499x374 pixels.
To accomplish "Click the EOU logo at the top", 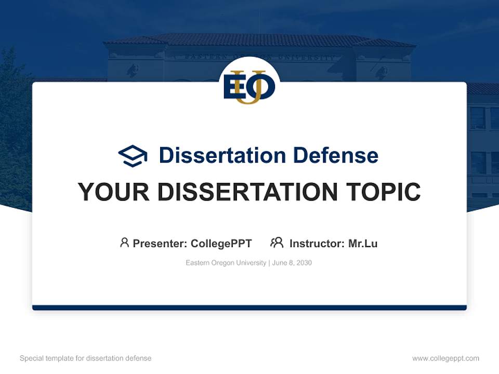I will point(249,86).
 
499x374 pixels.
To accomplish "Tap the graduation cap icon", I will point(133,156).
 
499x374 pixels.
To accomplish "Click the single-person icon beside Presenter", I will point(124,243).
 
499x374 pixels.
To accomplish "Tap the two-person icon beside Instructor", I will point(277,243).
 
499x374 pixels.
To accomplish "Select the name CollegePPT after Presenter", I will point(221,243).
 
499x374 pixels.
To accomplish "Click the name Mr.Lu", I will point(363,243).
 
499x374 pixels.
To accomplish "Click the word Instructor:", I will point(317,243).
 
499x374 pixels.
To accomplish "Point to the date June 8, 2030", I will point(292,263).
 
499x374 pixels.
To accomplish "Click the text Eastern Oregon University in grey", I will point(226,263).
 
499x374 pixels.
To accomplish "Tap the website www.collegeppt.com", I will point(445,358).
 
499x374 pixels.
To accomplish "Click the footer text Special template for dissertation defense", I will point(86,358).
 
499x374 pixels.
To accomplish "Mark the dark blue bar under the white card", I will point(249,308).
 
